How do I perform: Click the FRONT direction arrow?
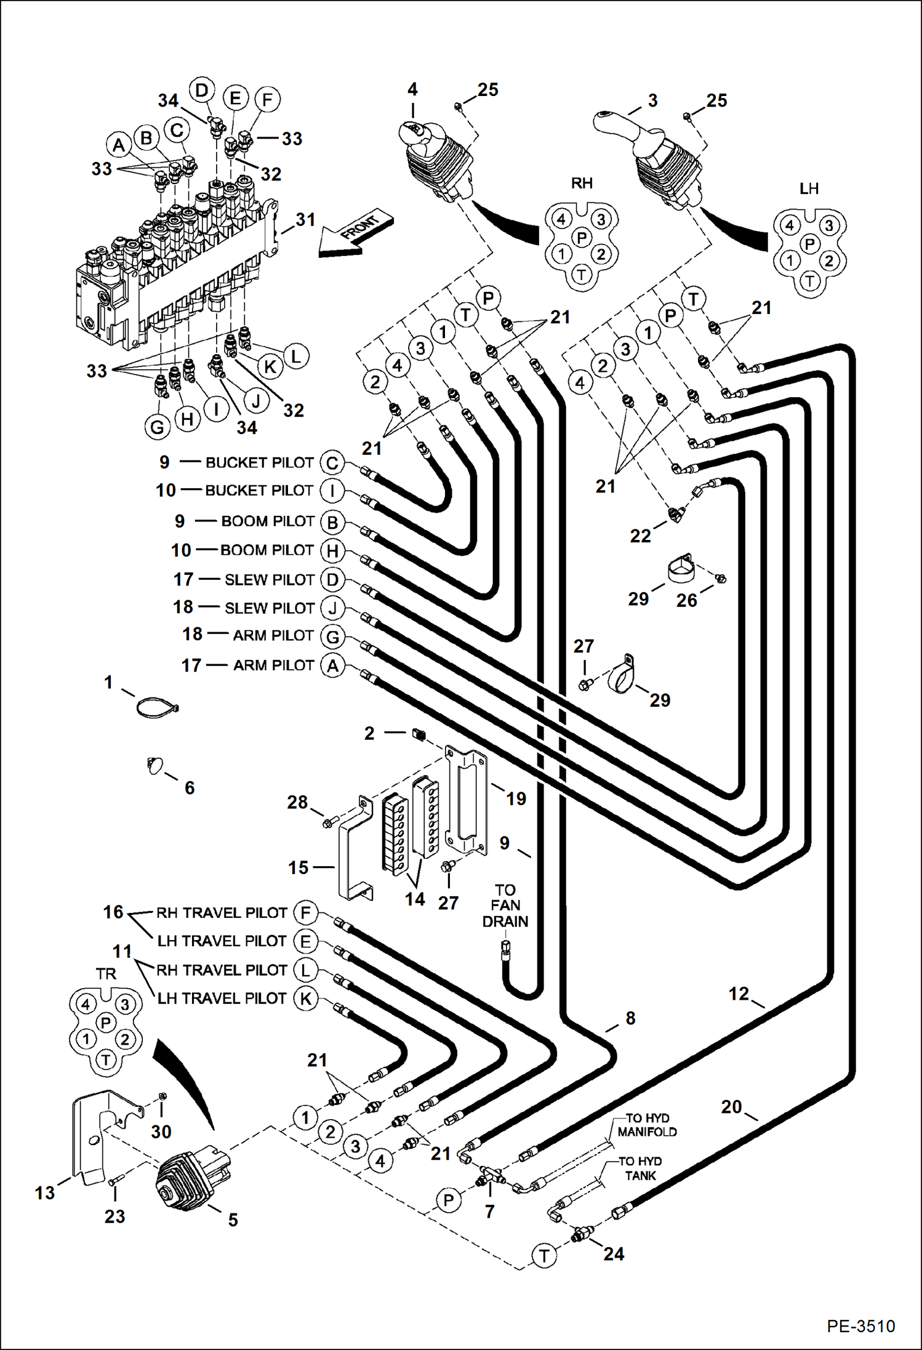click(355, 235)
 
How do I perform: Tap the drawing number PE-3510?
click(860, 1325)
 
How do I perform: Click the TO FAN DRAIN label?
click(505, 906)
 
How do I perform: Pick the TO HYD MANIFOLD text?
click(647, 1125)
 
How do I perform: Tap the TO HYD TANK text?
click(640, 1168)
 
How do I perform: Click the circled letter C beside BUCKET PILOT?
click(332, 462)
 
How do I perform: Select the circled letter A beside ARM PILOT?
click(332, 665)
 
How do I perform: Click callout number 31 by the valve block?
click(305, 219)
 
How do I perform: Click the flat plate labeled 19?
click(466, 800)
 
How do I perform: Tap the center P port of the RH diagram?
click(582, 237)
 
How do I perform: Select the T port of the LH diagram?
click(810, 281)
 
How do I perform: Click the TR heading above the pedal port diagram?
click(106, 974)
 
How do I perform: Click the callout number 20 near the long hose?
click(731, 1107)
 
